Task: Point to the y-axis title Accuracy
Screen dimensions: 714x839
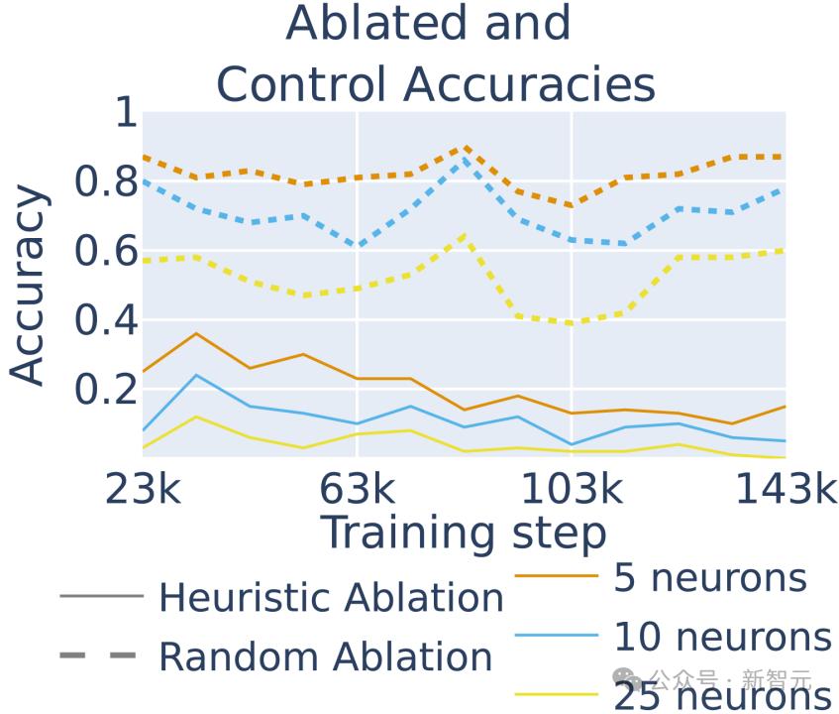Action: point(28,286)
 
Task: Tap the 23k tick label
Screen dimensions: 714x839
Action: point(144,488)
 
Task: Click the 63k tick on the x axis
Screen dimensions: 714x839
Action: point(357,488)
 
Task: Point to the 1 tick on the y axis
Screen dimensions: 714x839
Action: point(125,112)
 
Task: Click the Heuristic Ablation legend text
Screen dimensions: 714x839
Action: point(331,598)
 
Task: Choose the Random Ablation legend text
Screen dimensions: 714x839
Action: point(325,656)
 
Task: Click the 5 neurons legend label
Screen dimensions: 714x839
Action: point(710,577)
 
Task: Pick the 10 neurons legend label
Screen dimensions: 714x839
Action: point(722,638)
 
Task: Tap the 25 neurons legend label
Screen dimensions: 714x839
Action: point(722,697)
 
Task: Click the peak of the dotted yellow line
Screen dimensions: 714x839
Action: point(464,235)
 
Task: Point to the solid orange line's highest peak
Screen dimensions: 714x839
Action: point(197,333)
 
